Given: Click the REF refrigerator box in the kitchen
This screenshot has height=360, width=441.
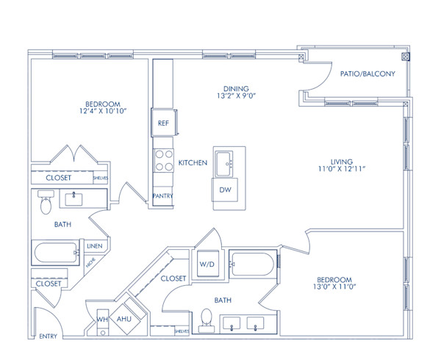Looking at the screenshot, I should [162, 123].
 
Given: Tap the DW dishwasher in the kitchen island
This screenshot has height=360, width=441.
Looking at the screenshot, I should [225, 190].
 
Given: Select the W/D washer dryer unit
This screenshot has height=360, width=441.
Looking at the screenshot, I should [207, 263].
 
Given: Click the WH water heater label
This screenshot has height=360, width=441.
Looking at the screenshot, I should [102, 320].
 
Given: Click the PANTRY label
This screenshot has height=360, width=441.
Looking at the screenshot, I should [162, 196].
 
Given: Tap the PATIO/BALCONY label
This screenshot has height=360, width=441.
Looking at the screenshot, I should [367, 73].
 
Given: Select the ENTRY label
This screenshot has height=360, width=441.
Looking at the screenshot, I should [48, 336].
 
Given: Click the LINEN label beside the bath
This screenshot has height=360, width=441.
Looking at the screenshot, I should [94, 246].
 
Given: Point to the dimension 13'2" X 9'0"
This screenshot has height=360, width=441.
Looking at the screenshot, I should [237, 95].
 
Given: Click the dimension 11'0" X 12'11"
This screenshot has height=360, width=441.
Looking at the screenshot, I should [341, 168].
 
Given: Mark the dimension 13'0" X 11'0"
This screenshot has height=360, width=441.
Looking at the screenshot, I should [334, 287].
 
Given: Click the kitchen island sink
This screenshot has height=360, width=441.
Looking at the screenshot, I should [226, 165].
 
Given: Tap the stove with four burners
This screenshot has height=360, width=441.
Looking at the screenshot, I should [162, 160].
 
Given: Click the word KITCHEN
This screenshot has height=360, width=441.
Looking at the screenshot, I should [193, 162].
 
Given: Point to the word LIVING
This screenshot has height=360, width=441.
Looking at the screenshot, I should [342, 161].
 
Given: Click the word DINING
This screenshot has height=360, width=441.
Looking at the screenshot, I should [237, 87].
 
